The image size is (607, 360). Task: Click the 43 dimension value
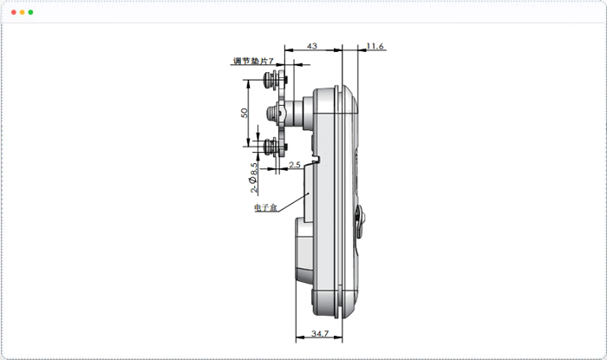click(x=312, y=46)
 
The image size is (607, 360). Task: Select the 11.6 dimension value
click(x=375, y=46)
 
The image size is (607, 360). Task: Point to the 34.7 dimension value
click(x=320, y=333)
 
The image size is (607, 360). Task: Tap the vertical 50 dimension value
click(x=245, y=113)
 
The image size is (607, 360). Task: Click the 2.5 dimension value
click(x=295, y=165)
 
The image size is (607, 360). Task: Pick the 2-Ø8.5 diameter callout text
click(x=253, y=178)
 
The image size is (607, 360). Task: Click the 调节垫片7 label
click(x=253, y=61)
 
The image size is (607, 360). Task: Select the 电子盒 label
click(x=266, y=207)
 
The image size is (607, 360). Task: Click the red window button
click(x=14, y=12)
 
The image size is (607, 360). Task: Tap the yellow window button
click(x=22, y=12)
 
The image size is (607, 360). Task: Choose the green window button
click(x=30, y=12)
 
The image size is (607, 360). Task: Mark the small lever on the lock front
click(x=361, y=221)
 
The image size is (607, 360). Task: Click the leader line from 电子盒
click(x=293, y=201)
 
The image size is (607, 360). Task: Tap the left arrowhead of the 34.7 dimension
click(x=299, y=337)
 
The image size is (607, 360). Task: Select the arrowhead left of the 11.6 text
click(x=362, y=49)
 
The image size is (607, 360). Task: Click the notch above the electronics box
click(x=316, y=160)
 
